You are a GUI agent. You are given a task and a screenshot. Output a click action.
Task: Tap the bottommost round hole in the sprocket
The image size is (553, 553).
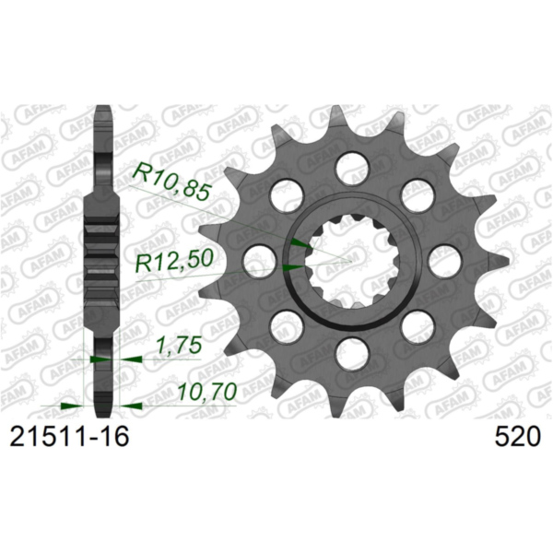coord(350,351)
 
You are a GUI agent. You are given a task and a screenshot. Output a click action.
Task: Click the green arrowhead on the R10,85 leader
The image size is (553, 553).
coord(299,242)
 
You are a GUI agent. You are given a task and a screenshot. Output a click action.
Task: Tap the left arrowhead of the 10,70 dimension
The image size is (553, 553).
coord(70,405)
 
